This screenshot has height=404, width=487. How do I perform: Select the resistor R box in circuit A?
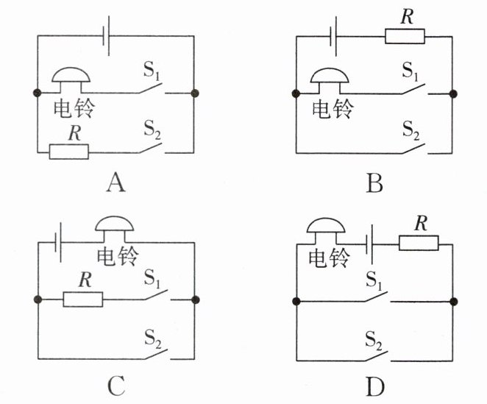[x=68, y=152]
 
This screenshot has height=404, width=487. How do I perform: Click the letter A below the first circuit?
[x=113, y=182]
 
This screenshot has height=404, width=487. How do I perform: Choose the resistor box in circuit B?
[x=404, y=35]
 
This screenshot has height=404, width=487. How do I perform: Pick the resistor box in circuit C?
[x=82, y=300]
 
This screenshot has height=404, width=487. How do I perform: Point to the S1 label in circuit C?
[x=152, y=279]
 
